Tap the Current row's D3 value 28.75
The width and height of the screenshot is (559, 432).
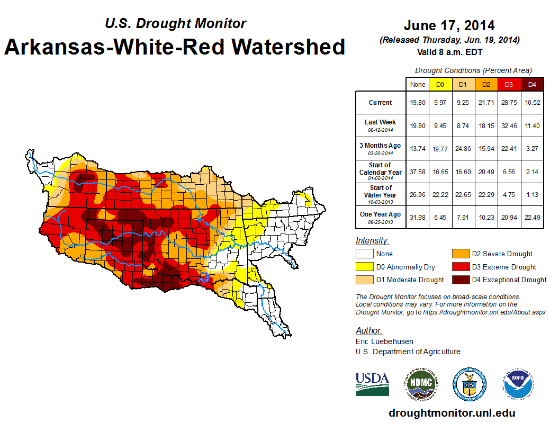[x=509, y=103]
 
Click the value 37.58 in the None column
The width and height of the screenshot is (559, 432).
[x=418, y=172]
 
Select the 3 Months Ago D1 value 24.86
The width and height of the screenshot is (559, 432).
[x=463, y=149]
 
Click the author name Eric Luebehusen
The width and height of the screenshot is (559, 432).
[x=383, y=341]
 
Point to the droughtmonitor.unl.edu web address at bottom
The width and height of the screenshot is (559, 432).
[x=451, y=413]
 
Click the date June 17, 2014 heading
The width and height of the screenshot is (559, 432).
[x=449, y=25]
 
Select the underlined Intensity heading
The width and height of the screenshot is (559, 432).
[x=373, y=241]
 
